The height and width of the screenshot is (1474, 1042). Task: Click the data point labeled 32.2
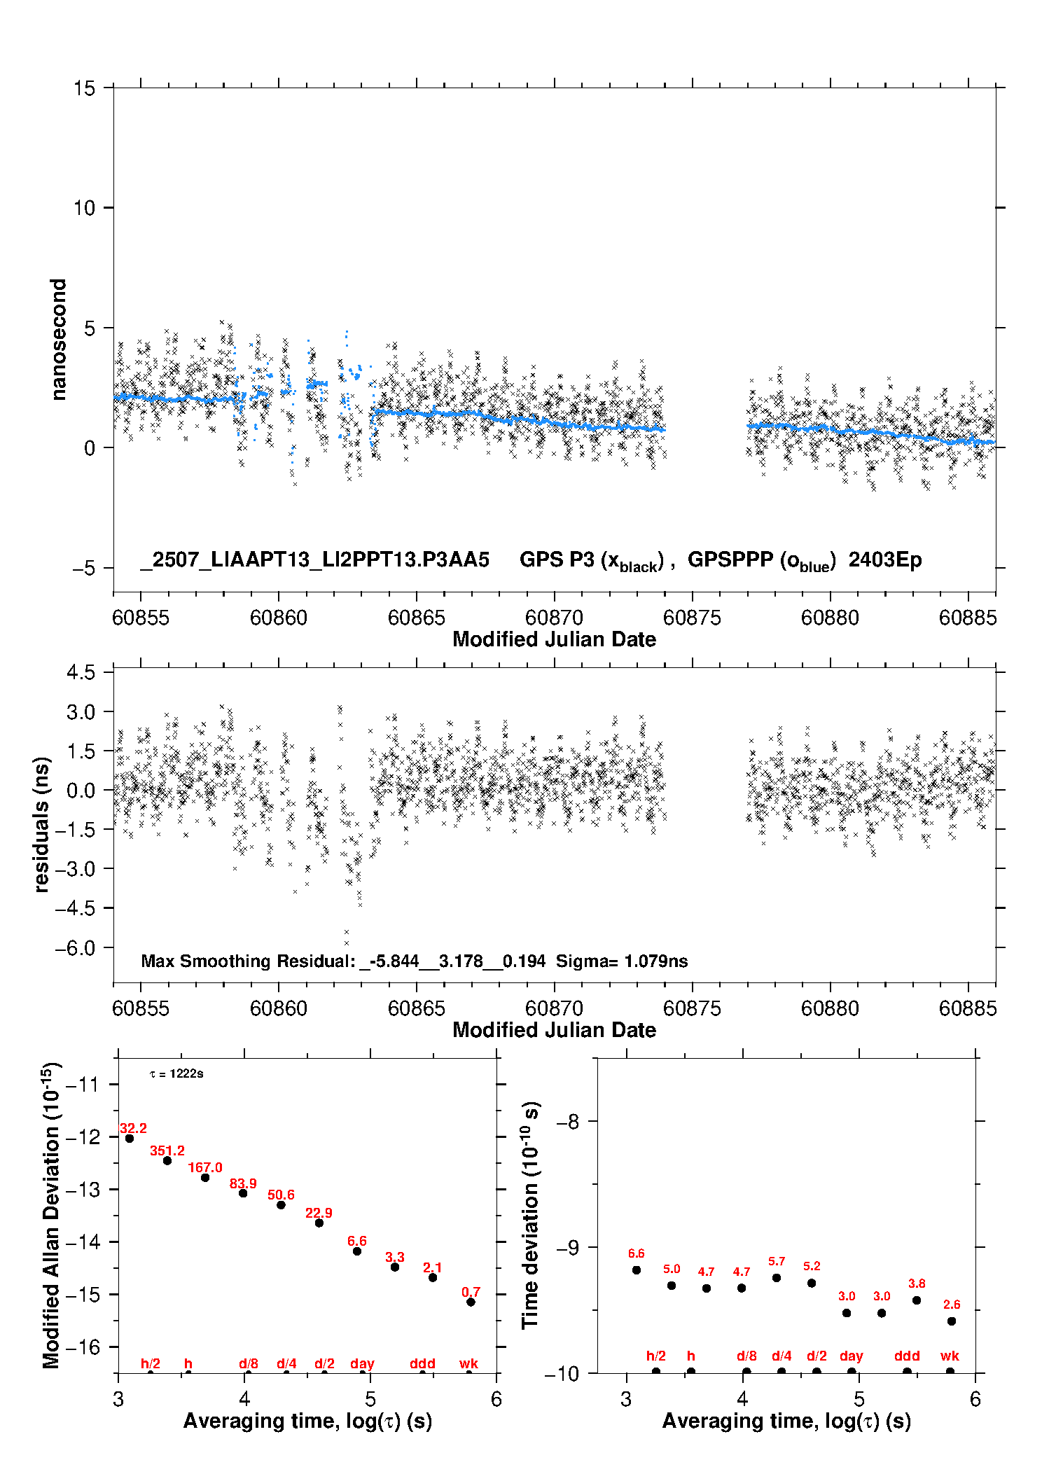(130, 1139)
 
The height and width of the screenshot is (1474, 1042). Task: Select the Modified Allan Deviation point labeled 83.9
(243, 1193)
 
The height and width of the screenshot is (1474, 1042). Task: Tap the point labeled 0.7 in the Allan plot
(471, 1302)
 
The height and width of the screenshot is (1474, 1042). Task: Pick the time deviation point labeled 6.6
(637, 1270)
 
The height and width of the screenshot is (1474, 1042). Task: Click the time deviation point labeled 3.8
(917, 1300)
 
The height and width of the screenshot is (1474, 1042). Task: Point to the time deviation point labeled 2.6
(952, 1321)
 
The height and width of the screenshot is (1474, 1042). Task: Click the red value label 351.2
(167, 1150)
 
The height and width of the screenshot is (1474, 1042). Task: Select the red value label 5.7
(777, 1261)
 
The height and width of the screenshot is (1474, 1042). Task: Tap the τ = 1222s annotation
(176, 1073)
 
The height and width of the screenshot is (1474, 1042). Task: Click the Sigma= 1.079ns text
(622, 961)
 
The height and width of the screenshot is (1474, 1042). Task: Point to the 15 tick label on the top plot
(84, 88)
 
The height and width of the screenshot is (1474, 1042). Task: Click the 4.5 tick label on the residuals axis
(81, 672)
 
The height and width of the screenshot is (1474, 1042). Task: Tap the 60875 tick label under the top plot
(692, 618)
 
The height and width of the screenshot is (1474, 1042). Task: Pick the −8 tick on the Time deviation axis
(567, 1121)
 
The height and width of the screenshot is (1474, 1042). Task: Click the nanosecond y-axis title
(58, 340)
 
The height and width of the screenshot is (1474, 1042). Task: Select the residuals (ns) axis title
(42, 825)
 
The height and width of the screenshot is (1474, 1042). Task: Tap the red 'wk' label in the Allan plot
(468, 1363)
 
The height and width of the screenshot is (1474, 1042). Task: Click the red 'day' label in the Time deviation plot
(852, 1356)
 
